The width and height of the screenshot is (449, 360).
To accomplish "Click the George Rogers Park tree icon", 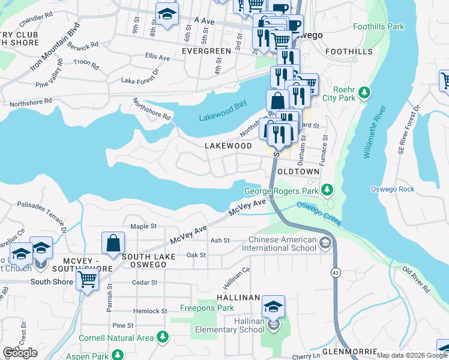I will pos(327,190).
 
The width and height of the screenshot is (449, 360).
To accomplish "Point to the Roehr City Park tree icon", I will pos(364,94).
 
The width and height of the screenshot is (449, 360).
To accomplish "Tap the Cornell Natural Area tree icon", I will pos(161,338).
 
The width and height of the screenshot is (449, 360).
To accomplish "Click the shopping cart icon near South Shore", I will pos(88,279).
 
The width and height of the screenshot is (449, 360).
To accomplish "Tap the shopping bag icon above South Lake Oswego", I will pos(113,243).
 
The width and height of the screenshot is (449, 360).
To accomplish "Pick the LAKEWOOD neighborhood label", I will pos(228,146).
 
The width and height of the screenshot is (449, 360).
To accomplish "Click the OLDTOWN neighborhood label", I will pos(298,172).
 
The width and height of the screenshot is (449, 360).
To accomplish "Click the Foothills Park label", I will pos(378,27).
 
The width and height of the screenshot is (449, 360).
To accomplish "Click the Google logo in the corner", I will pos(20,353).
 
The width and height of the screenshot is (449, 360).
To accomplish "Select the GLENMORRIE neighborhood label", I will pos(349,351).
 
